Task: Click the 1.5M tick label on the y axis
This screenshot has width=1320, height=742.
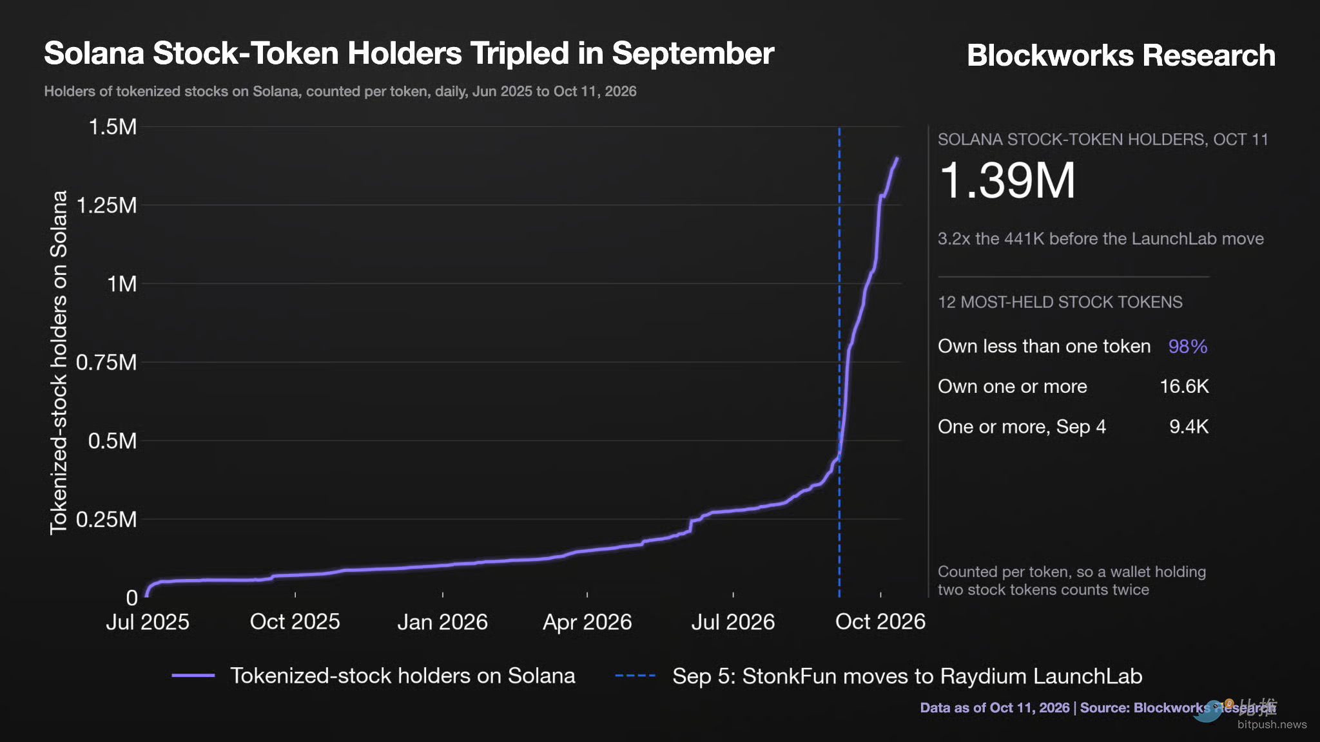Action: (113, 127)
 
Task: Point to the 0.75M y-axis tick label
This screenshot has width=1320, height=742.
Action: (106, 363)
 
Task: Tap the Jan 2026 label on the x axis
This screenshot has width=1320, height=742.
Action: (442, 622)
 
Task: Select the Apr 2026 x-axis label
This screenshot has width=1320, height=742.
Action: (587, 622)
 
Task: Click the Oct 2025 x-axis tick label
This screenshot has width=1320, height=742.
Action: (295, 622)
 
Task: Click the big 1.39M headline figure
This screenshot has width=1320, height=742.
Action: (1007, 180)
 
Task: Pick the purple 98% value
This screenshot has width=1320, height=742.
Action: (1188, 347)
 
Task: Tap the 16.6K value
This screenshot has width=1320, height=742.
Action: (1184, 386)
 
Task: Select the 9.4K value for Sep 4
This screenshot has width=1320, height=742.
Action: (1189, 426)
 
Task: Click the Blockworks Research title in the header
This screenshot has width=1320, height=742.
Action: (1121, 55)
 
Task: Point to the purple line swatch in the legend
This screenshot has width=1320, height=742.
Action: (193, 676)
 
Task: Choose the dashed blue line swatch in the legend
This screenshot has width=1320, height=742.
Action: (635, 676)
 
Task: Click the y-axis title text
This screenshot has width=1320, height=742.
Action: (59, 363)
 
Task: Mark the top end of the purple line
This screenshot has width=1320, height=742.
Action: (897, 158)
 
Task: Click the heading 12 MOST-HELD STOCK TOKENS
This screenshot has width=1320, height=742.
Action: (1060, 302)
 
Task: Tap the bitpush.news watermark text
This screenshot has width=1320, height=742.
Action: (1272, 725)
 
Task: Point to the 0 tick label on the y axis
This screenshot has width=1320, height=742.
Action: (131, 598)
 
